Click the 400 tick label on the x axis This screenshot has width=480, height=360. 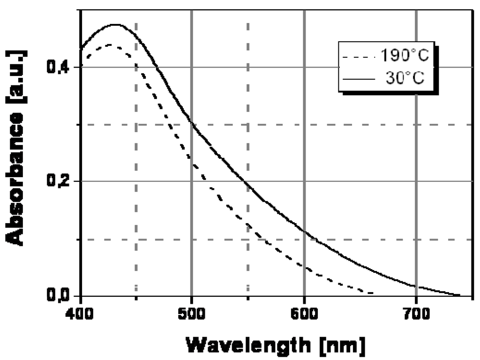point(81,310)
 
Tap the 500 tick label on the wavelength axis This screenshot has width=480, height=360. point(191,310)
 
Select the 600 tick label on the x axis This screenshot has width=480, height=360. point(304,310)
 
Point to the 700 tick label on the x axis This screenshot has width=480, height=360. point(417,310)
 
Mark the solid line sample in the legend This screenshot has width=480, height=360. point(359,79)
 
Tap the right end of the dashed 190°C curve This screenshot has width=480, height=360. point(373,293)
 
